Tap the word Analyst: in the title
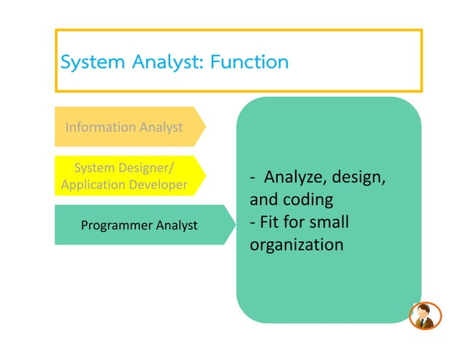(161, 62)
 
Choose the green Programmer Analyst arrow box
(139, 225)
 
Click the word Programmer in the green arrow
(115, 225)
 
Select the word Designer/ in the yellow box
(146, 169)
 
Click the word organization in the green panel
(297, 244)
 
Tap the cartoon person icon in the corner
(424, 315)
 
